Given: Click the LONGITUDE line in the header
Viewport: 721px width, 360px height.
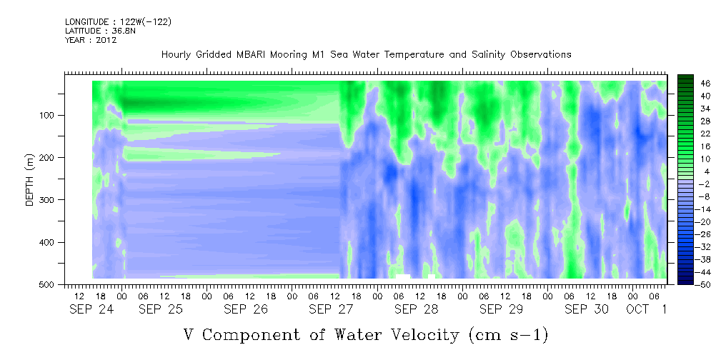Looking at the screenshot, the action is (118, 21).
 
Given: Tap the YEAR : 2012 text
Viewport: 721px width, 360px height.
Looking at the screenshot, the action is (91, 40).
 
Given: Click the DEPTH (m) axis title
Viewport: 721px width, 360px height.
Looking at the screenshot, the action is (30, 179).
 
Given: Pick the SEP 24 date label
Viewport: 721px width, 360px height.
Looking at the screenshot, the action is (91, 309).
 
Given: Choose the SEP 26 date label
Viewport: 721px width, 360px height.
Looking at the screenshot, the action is (246, 309).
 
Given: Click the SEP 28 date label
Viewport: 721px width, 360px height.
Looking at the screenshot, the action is (416, 309).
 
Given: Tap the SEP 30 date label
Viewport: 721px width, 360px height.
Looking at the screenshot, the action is (587, 309).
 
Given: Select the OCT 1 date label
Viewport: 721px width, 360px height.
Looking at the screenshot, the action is (647, 309).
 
